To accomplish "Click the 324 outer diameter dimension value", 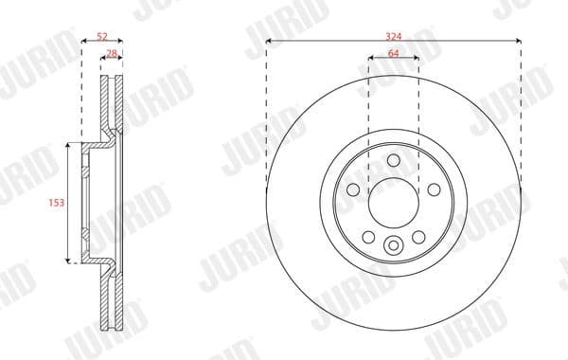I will tap(393, 34).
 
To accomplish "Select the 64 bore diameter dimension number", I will tap(393, 54).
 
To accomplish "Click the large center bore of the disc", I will tap(393, 202).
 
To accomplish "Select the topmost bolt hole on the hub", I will tap(393, 161).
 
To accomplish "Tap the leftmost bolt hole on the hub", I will tap(354, 190).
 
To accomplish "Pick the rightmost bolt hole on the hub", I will tap(433, 190).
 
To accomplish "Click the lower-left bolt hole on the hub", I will tap(369, 236).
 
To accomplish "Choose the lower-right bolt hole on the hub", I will tap(417, 236).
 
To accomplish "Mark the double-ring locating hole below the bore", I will tap(393, 247).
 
